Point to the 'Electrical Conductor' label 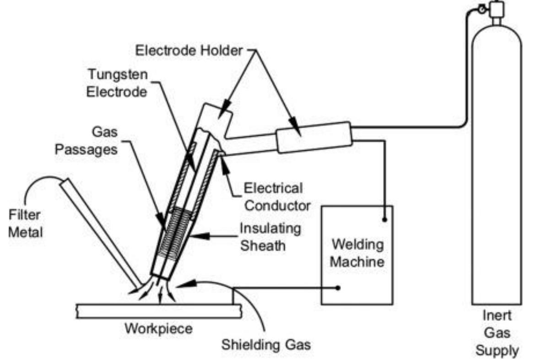(x=273, y=196)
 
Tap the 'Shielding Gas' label (x=266, y=344)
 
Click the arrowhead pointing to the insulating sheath (x=198, y=236)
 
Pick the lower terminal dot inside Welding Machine (x=338, y=288)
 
